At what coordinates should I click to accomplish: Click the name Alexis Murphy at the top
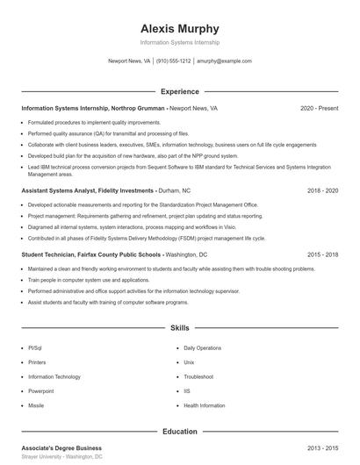click(179, 28)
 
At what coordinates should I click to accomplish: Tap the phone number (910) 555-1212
click(174, 61)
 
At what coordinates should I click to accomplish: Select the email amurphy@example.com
click(224, 61)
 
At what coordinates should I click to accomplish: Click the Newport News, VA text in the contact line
click(129, 61)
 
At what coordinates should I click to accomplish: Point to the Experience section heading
click(179, 91)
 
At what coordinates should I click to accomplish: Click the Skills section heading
click(179, 328)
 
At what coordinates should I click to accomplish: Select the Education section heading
click(179, 432)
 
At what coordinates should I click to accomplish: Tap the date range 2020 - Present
click(319, 108)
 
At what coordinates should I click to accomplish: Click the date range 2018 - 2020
click(322, 190)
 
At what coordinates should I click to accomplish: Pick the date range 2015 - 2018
click(322, 254)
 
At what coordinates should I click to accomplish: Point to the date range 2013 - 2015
click(322, 448)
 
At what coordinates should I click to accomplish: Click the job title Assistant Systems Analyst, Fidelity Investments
click(88, 190)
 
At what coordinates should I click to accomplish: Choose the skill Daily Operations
click(202, 347)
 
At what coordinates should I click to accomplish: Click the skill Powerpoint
click(41, 391)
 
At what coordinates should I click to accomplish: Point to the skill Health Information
click(204, 406)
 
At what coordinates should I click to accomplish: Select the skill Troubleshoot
click(199, 376)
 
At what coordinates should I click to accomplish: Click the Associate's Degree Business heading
click(61, 448)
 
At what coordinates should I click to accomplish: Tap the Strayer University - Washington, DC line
click(61, 457)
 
